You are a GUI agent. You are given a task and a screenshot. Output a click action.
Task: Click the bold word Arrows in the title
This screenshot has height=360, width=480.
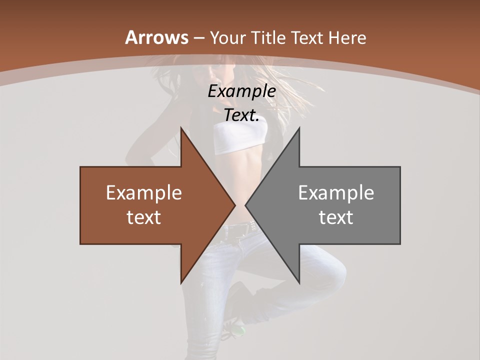(156, 37)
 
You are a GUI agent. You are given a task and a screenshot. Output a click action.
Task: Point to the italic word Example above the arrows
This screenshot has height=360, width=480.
(241, 91)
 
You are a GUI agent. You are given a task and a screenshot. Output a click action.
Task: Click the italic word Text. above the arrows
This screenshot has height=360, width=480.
(241, 115)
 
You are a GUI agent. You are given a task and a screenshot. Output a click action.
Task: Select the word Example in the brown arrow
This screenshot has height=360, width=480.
(143, 193)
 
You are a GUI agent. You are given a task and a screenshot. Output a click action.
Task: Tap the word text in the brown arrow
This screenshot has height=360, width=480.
(143, 217)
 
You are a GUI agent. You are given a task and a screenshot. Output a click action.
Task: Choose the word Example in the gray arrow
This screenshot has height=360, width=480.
(336, 193)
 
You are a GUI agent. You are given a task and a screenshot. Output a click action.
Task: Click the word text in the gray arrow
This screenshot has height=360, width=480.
(336, 217)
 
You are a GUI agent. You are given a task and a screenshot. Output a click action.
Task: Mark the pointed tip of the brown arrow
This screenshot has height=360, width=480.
(235, 205)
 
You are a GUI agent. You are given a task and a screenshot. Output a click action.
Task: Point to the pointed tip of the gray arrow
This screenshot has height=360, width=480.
(245, 205)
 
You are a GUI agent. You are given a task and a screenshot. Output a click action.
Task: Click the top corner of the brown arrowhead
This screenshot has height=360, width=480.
(181, 128)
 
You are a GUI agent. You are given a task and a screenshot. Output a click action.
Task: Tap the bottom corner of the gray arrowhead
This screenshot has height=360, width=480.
(299, 283)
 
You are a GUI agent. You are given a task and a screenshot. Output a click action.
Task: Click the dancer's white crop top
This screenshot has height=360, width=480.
(240, 137)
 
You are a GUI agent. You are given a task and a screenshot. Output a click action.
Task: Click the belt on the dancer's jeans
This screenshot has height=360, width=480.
(240, 230)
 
